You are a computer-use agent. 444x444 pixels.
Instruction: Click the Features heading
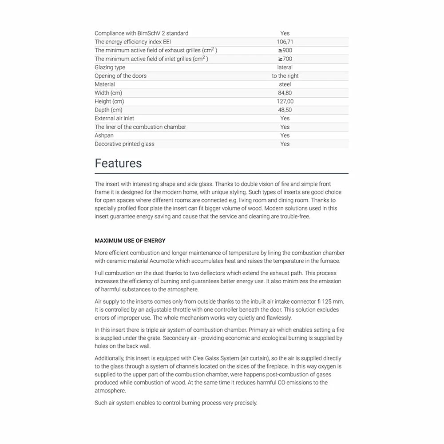click(118, 163)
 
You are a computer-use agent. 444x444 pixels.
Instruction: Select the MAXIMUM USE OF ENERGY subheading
click(130, 241)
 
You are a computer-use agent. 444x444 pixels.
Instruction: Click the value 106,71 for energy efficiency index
click(285, 42)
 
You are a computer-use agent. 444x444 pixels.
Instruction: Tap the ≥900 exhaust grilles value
click(285, 50)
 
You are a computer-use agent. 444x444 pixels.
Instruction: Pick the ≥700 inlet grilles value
click(285, 59)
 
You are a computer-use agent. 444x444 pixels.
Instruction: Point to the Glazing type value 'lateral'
click(285, 67)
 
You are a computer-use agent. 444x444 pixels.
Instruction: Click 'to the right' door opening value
click(285, 76)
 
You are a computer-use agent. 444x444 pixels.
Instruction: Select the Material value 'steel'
click(285, 84)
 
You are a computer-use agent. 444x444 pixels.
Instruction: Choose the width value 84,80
click(285, 93)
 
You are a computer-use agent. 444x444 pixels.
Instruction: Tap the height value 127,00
click(285, 101)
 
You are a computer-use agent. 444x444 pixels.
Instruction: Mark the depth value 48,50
click(285, 110)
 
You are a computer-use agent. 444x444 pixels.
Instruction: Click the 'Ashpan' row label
click(104, 135)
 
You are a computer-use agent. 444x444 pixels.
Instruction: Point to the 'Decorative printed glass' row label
click(124, 144)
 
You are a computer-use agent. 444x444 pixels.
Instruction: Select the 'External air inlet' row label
click(114, 119)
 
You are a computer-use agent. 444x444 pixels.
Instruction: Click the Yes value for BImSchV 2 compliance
click(285, 33)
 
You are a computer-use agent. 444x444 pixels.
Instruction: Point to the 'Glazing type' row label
click(110, 67)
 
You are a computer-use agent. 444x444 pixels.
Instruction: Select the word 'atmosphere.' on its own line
click(110, 391)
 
